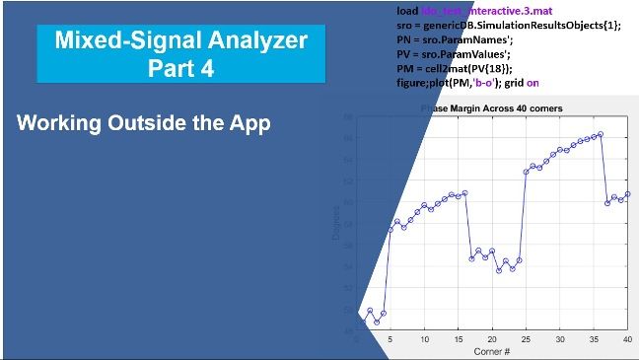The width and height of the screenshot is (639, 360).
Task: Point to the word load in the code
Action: (x=394, y=11)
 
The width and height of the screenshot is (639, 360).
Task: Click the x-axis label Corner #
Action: (x=491, y=350)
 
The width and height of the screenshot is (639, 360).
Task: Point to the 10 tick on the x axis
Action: (x=424, y=339)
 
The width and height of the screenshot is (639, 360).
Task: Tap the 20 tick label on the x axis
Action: (x=492, y=339)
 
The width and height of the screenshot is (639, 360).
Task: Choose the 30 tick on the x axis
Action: (x=560, y=339)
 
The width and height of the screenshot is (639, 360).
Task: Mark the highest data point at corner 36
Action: (x=601, y=134)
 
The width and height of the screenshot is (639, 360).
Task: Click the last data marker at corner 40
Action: (x=628, y=194)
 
